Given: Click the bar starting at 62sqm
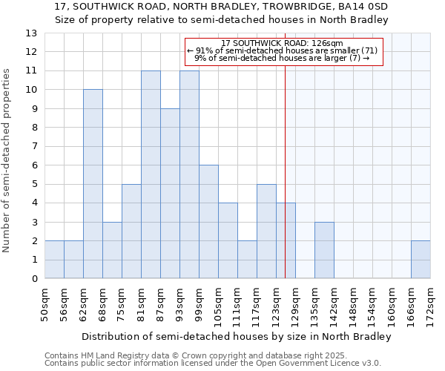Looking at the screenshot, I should [x=93, y=184].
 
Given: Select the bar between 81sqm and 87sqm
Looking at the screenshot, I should [x=151, y=174].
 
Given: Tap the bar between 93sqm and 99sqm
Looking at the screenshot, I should [x=189, y=174].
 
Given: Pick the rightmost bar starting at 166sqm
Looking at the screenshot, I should [x=421, y=260].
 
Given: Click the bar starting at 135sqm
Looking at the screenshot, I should [x=324, y=250].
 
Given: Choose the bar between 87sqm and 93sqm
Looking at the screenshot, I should [x=170, y=194].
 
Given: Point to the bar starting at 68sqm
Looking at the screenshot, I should [x=112, y=250].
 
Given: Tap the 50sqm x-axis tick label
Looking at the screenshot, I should [x=44, y=304].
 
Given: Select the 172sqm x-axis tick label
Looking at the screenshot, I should [x=430, y=304].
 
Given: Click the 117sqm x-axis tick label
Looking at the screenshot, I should [x=257, y=304].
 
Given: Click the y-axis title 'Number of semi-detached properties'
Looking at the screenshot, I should [x=7, y=160].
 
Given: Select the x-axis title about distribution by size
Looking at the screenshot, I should [x=236, y=336].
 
